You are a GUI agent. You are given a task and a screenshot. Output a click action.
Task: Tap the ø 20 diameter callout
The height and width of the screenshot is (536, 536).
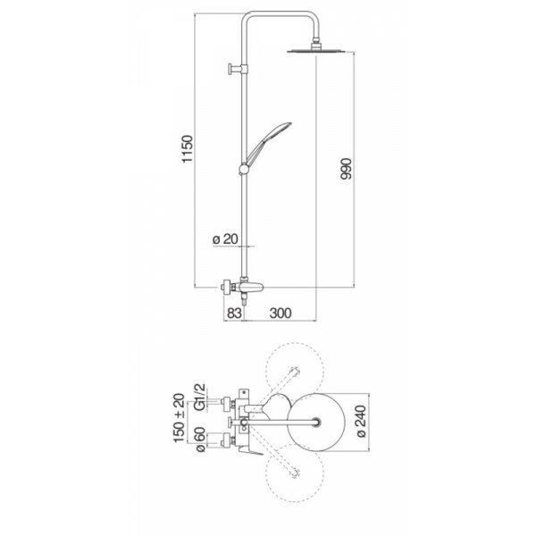(225, 239)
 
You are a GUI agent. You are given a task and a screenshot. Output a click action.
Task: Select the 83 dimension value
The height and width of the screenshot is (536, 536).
(233, 314)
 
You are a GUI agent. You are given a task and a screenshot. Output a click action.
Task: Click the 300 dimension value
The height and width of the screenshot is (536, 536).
(281, 314)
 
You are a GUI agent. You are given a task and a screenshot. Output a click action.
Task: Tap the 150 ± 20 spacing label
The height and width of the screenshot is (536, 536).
(182, 416)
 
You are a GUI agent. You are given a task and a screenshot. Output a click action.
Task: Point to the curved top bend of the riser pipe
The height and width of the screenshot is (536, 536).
(254, 18)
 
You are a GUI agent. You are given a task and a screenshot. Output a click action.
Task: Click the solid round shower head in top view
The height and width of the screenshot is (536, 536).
(318, 420)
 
